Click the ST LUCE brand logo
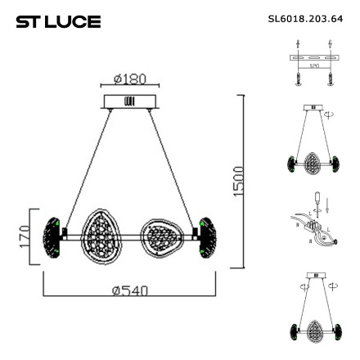[57, 18]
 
